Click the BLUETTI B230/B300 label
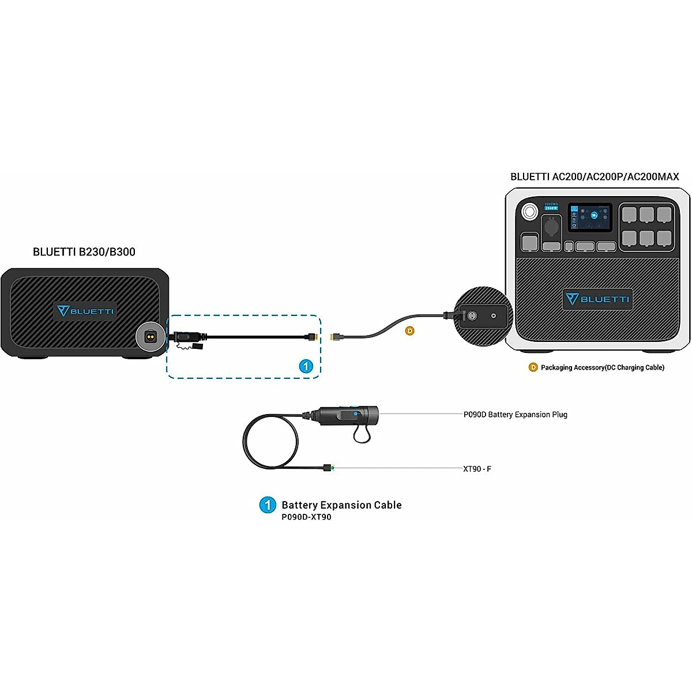84,252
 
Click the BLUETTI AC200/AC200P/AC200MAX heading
595,177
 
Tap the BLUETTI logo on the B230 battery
85,311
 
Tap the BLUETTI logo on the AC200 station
597,299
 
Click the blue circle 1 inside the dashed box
306,366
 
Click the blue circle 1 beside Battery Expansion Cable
268,505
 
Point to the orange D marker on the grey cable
409,331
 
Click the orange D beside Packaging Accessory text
533,367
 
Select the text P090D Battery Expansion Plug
515,415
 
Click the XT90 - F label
477,469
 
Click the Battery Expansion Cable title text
341,505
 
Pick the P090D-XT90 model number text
306,517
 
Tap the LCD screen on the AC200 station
589,217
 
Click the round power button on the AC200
529,212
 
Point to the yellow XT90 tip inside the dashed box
313,336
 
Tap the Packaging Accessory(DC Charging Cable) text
602,367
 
